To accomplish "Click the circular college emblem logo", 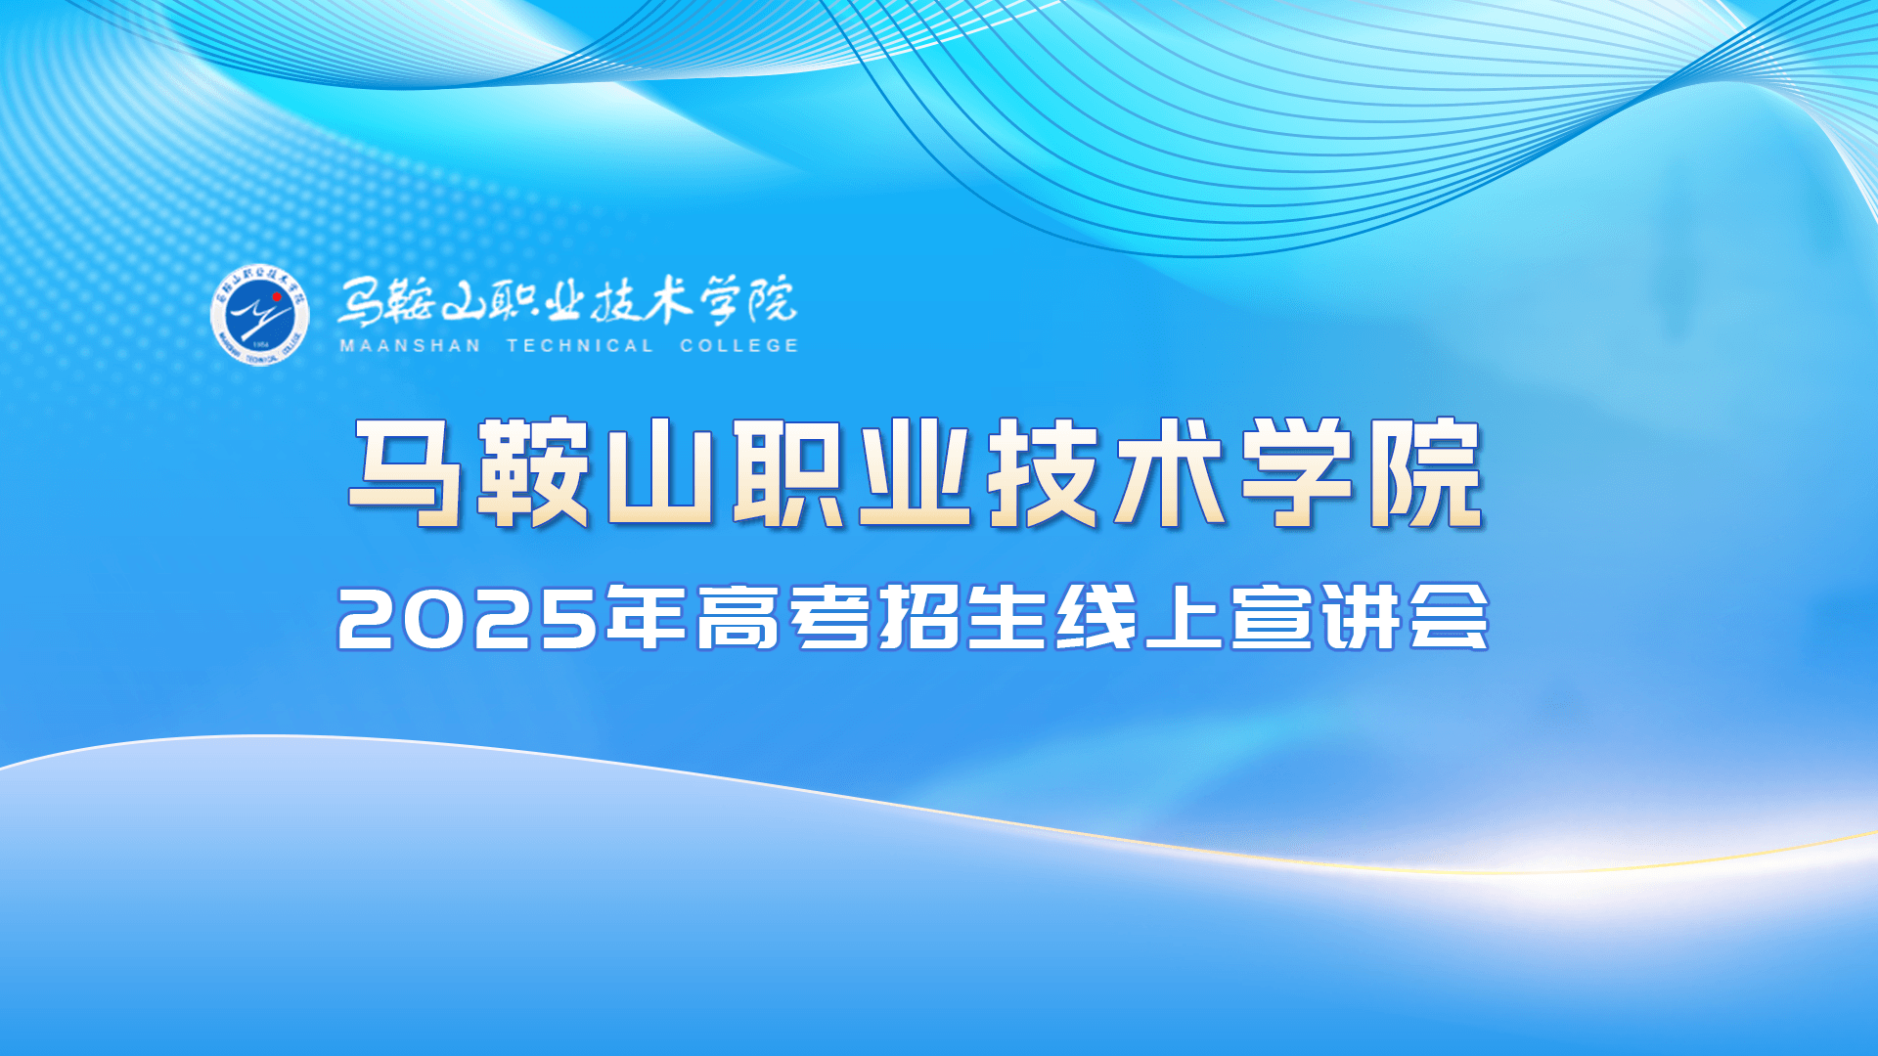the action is click(x=260, y=315).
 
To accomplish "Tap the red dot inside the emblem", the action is click(x=277, y=296).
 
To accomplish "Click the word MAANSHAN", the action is click(x=410, y=345).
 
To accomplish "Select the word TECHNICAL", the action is click(x=580, y=345).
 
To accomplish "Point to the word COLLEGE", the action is click(x=739, y=345).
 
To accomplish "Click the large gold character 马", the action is click(x=406, y=473).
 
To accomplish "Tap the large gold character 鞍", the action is click(x=533, y=473).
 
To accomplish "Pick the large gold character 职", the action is click(x=788, y=473).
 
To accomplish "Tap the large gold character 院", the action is click(x=1425, y=473).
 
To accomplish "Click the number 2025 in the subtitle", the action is click(x=468, y=619).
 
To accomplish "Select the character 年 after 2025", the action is click(x=646, y=617).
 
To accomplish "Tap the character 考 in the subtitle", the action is click(x=829, y=617).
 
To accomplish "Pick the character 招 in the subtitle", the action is click(x=918, y=617).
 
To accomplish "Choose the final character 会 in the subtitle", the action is click(x=1449, y=617).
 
